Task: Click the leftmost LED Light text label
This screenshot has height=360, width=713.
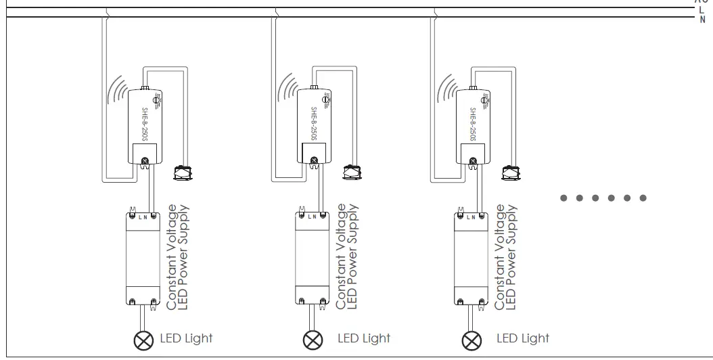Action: (x=186, y=338)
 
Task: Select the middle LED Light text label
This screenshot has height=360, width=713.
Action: (x=364, y=338)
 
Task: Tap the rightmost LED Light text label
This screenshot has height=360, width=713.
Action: (x=523, y=338)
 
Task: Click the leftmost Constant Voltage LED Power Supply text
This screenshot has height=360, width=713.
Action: (x=178, y=258)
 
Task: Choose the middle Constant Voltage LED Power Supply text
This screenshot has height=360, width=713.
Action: (x=347, y=258)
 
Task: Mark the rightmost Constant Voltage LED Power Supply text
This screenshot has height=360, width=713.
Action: (x=506, y=258)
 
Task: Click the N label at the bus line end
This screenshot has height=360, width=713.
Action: (x=701, y=20)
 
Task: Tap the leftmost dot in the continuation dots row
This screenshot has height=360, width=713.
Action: (x=563, y=198)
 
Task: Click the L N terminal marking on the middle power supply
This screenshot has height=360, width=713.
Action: (x=312, y=217)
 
